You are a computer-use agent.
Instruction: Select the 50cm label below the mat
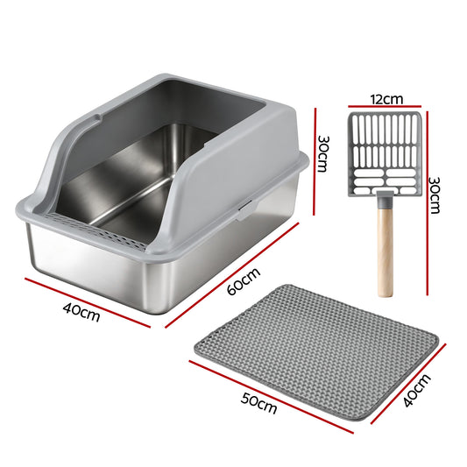coord(258,406)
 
